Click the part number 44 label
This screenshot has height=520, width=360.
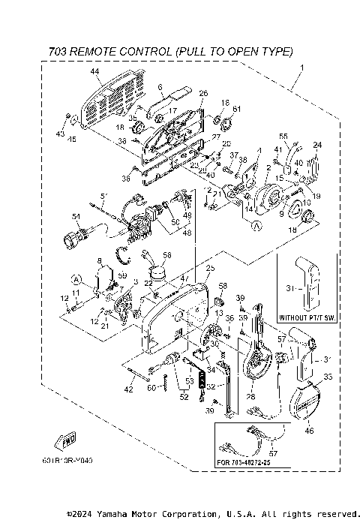[95, 71]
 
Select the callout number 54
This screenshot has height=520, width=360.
[76, 217]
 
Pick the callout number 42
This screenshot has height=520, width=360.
[128, 390]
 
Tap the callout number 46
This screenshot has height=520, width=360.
[310, 432]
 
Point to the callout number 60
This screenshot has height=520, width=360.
[151, 388]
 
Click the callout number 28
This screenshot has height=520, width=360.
[250, 397]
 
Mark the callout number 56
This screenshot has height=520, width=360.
[167, 255]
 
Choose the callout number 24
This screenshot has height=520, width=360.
[317, 145]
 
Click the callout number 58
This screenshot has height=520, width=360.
[222, 286]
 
